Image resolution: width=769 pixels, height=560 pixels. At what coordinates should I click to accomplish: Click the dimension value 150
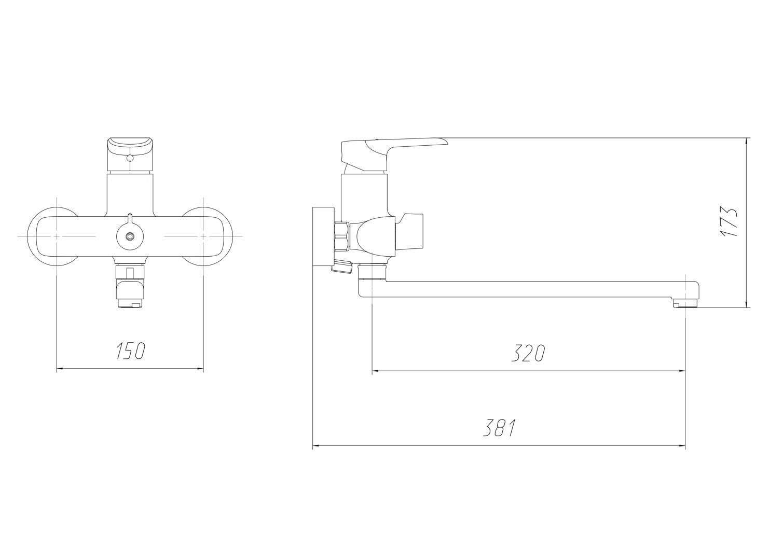pos(131,351)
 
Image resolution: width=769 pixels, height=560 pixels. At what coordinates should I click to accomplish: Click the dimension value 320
pos(528,353)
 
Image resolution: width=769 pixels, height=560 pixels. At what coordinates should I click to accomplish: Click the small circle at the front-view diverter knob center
pos(130,236)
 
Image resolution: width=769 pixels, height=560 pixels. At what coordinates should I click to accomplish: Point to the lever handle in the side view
pos(394,153)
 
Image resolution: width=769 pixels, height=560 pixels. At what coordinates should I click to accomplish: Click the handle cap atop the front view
pos(130,156)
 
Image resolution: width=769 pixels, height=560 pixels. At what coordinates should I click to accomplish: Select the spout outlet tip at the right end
pos(685,303)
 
